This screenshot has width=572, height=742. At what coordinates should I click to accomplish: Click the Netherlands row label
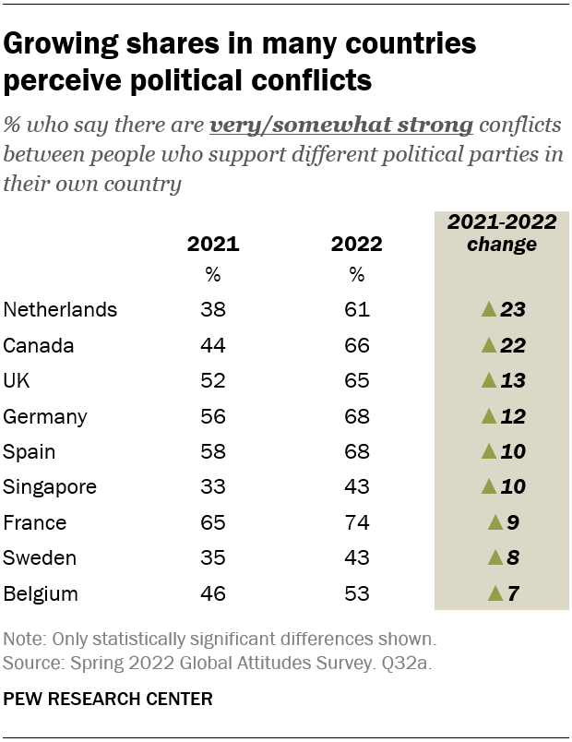(61, 310)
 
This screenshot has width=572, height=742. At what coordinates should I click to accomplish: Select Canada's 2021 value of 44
(213, 346)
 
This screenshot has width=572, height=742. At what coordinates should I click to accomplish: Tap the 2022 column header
(356, 245)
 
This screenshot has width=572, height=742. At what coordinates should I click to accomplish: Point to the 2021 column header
(213, 245)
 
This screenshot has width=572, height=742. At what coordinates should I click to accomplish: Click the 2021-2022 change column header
(501, 233)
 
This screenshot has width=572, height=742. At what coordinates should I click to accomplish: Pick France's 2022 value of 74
(356, 522)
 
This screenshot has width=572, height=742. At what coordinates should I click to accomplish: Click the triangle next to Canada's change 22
(488, 346)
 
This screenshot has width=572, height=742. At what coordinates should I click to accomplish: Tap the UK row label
(17, 381)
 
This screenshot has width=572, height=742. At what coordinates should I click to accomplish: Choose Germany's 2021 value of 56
(213, 416)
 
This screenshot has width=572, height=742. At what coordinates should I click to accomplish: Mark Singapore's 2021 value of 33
(213, 487)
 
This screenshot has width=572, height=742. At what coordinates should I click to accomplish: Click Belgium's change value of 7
(513, 593)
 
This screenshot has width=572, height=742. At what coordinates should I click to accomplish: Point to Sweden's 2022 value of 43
(356, 557)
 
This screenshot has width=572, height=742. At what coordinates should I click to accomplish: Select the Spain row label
(30, 452)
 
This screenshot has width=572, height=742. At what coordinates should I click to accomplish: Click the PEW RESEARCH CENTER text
(108, 700)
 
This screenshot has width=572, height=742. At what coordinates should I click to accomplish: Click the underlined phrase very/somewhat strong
(341, 125)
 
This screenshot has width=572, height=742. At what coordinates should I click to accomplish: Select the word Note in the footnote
(23, 639)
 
